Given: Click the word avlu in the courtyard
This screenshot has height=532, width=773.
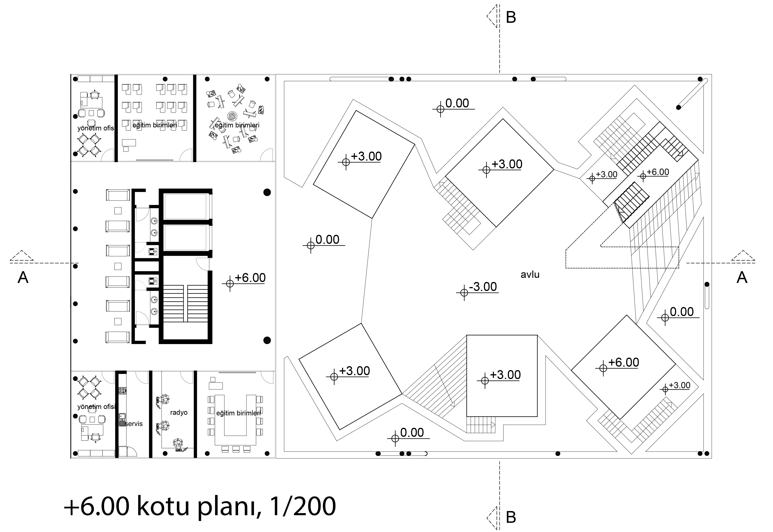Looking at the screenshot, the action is click(x=530, y=275).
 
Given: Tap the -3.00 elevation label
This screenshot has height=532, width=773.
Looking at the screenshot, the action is click(x=483, y=287).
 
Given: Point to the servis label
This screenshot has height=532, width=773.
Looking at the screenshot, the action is click(x=134, y=424).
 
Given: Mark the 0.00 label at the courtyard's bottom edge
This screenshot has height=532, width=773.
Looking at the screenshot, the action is click(x=412, y=433).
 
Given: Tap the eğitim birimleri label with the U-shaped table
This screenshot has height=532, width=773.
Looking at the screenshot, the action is click(x=238, y=413).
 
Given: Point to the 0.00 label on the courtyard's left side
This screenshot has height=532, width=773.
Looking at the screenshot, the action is click(x=327, y=240).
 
